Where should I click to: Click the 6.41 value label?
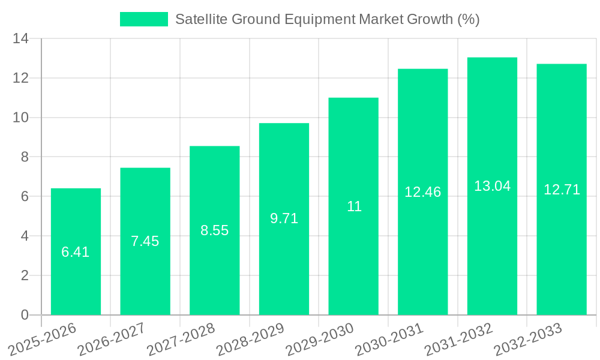[76, 252]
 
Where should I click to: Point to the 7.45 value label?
[145, 241]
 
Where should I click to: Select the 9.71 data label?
[284, 218]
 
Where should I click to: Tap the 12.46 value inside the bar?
[422, 192]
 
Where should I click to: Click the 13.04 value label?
[492, 186]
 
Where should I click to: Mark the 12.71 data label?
[562, 190]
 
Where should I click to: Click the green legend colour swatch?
[144, 19]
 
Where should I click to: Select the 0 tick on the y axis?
[25, 315]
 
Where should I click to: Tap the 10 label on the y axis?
[21, 118]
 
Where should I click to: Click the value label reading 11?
[354, 206]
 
